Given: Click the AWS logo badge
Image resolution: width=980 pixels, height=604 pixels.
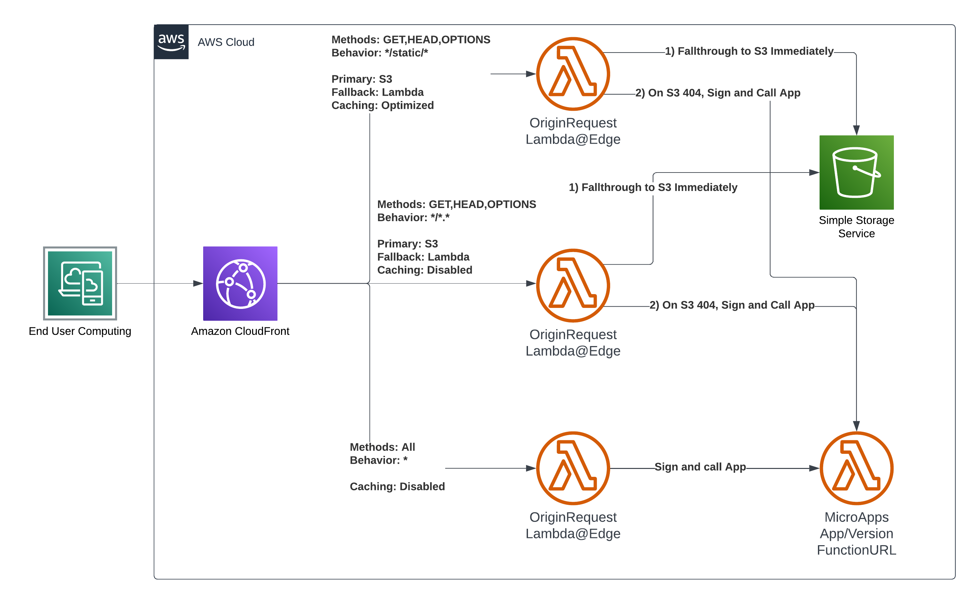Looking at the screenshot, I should pos(171,42).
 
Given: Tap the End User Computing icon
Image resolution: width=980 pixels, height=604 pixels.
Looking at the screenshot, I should pos(80,283).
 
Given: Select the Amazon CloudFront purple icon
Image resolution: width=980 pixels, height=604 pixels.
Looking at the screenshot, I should pos(240,283).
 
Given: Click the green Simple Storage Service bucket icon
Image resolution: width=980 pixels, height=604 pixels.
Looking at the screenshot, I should pos(856,172).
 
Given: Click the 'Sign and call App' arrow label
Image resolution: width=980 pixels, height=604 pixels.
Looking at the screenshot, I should pos(700,467).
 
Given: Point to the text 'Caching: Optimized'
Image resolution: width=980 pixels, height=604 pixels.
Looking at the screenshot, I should pos(382,105).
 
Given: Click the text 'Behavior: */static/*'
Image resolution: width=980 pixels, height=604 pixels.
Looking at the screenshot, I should pos(379,53).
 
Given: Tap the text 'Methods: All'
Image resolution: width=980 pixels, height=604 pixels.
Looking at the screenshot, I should pos(382,447).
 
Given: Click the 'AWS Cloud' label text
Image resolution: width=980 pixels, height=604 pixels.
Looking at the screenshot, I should pos(226,42).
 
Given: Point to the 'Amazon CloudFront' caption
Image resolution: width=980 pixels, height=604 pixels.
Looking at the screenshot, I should pos(240,331).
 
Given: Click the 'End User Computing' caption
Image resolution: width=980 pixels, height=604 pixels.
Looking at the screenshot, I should pos(80,331).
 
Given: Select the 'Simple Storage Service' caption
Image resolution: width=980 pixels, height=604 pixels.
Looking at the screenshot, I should pos(856,226).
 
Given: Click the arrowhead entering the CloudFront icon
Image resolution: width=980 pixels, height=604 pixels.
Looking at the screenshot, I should pos(198,283).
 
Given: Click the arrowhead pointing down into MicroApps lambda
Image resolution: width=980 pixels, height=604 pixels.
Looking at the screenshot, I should pos(856,426).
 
